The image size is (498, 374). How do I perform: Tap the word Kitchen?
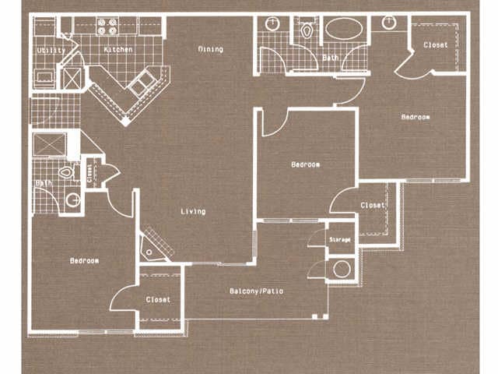[117, 50]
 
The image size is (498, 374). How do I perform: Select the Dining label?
[210, 49]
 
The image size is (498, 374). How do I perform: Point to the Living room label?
[193, 211]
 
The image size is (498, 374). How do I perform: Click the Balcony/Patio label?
[257, 291]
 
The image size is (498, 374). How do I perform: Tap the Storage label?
[339, 239]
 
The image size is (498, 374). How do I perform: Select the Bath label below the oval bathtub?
[331, 57]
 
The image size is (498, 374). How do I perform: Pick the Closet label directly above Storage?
[372, 205]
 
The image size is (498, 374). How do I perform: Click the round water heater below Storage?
[341, 270]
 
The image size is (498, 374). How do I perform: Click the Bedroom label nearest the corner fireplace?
[85, 260]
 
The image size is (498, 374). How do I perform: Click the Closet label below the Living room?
[158, 299]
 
